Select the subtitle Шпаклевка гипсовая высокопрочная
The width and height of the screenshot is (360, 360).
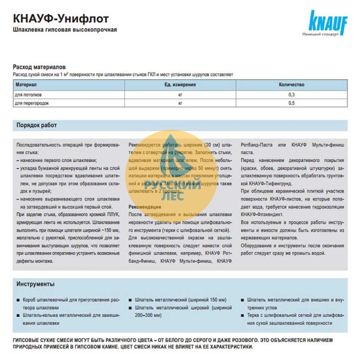tap(65, 30)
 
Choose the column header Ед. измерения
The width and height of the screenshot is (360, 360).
tap(180, 85)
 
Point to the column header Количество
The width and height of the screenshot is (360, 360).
tap(291, 85)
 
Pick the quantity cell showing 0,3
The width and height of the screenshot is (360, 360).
tap(292, 95)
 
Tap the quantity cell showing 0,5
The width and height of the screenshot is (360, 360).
tap(292, 103)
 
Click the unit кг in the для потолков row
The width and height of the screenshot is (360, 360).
tap(180, 95)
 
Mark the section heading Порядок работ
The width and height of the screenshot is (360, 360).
tap(37, 125)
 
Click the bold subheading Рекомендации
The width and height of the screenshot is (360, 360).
tap(145, 206)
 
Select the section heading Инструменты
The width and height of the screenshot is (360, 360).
tap(35, 284)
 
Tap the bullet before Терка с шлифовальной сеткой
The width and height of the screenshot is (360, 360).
tap(242, 315)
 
